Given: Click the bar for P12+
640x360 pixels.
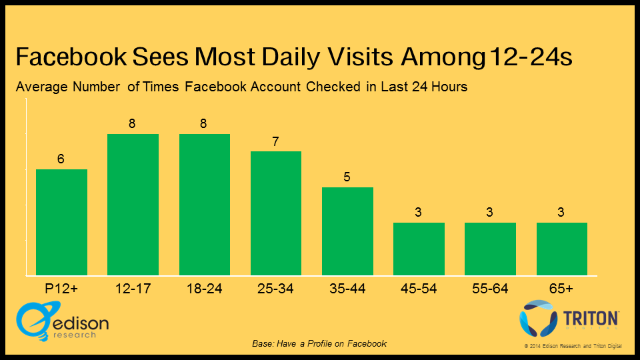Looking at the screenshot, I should click(61, 222).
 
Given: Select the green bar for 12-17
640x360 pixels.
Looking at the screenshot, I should click(133, 205).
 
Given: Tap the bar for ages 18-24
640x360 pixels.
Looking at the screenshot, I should click(205, 205).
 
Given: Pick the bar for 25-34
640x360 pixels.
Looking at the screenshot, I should click(276, 213).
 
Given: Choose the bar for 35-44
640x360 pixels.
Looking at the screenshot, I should click(347, 231).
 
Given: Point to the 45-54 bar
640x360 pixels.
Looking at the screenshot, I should click(419, 249).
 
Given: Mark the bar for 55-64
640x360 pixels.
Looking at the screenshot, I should click(490, 249).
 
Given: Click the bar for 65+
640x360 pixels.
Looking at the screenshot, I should click(562, 249).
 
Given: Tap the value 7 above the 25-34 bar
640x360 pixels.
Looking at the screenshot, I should click(276, 142).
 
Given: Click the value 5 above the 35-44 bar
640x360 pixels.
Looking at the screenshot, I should click(347, 177).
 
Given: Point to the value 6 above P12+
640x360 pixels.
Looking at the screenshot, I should click(61, 160).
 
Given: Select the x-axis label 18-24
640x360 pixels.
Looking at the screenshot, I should click(205, 289).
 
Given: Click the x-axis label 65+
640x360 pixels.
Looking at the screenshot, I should click(562, 289).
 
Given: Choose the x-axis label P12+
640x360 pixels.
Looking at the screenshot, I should click(61, 289).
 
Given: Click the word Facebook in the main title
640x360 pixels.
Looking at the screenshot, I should click(74, 57).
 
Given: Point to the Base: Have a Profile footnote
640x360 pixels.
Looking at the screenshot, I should click(319, 343).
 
